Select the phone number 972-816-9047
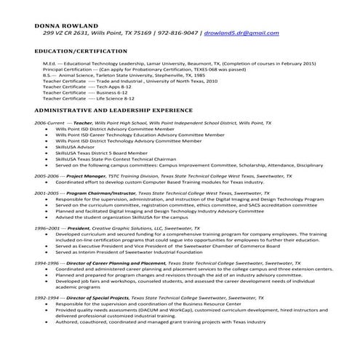[177, 33]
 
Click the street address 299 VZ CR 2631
[69, 33]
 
